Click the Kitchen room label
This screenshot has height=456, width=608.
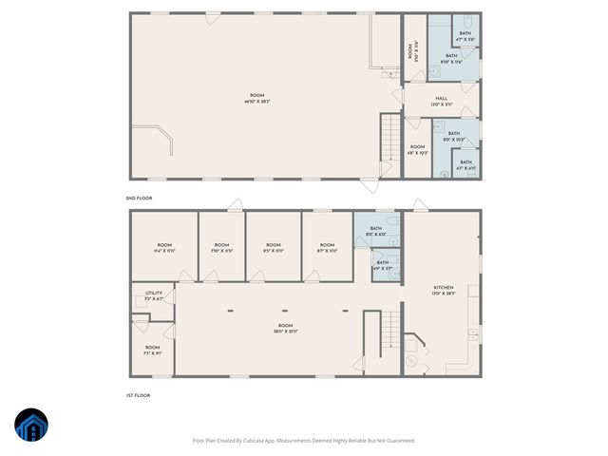point(444,290)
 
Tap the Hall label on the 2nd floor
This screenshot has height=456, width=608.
point(442,101)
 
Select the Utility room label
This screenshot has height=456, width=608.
point(154,295)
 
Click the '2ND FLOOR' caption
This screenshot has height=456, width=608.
point(139,198)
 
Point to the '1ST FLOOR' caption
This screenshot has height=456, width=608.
point(138,395)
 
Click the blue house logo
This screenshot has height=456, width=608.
point(29,426)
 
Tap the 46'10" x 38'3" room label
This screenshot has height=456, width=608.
point(256,98)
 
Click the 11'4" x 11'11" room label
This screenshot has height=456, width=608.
point(164,248)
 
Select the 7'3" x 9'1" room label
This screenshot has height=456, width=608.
point(153,350)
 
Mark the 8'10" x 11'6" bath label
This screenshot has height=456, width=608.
point(451,59)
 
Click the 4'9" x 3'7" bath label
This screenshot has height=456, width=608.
point(382,265)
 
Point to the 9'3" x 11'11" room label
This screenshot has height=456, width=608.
point(273,248)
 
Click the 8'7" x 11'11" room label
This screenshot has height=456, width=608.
point(327,248)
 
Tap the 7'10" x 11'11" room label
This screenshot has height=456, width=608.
point(220,248)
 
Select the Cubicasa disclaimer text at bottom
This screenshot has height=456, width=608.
point(304,440)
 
